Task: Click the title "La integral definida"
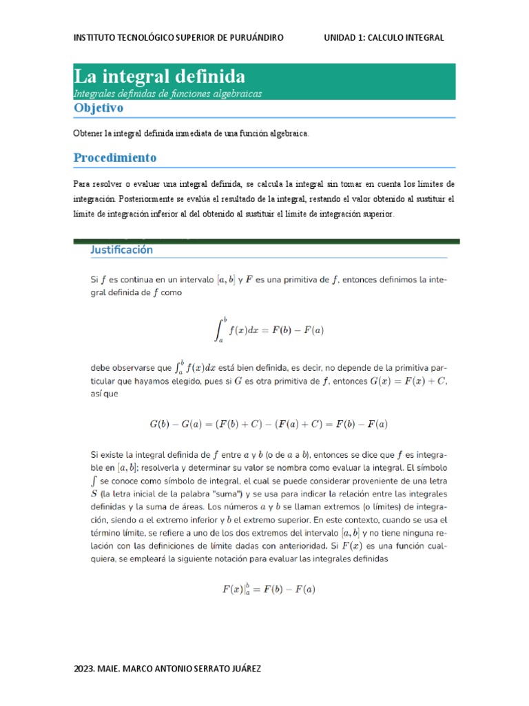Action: (x=159, y=76)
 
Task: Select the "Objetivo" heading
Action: (x=98, y=108)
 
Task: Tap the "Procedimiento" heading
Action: (x=114, y=158)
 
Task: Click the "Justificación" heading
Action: (x=121, y=250)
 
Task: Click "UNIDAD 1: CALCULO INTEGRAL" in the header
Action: (x=384, y=37)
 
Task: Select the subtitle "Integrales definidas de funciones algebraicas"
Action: (x=167, y=94)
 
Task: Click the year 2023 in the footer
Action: (x=84, y=669)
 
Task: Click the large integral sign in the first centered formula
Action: (x=219, y=330)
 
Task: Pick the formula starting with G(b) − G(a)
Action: (x=268, y=423)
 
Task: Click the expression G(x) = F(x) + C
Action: (x=407, y=381)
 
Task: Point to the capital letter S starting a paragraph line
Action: (x=94, y=494)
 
